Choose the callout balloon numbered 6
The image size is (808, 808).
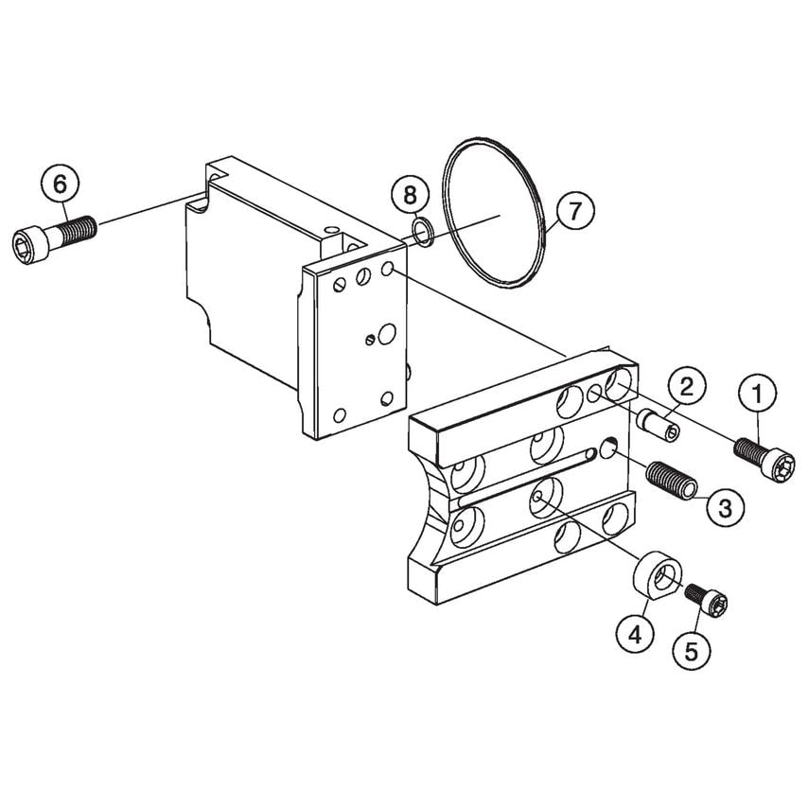point(60,184)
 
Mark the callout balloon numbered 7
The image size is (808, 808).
point(575,211)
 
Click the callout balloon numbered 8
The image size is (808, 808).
point(410,196)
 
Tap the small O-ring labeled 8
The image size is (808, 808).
point(425,230)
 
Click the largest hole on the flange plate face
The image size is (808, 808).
point(386,333)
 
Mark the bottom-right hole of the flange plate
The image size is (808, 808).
point(386,398)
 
